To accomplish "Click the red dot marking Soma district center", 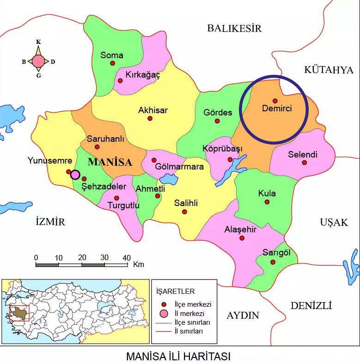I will click(x=112, y=63).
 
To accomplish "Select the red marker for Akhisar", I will click(x=150, y=118).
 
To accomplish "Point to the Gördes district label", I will click(x=218, y=113).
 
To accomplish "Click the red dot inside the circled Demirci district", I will click(x=275, y=101).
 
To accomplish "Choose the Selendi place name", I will click(x=303, y=155).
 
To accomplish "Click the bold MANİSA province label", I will click(x=110, y=162).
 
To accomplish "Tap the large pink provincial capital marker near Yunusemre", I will click(x=75, y=175).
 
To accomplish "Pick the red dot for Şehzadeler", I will click(x=84, y=179).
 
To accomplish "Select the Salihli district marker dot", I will click(x=185, y=212).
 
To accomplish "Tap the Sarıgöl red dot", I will click(x=273, y=262).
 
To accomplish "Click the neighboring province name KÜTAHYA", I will click(x=329, y=70).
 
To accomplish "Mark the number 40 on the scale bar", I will click(x=127, y=257).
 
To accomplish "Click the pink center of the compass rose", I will click(x=38, y=61).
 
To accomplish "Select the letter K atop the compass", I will click(x=38, y=42).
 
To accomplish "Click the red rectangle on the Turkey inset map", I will click(x=19, y=313).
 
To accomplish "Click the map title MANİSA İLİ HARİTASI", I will click(x=178, y=357).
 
